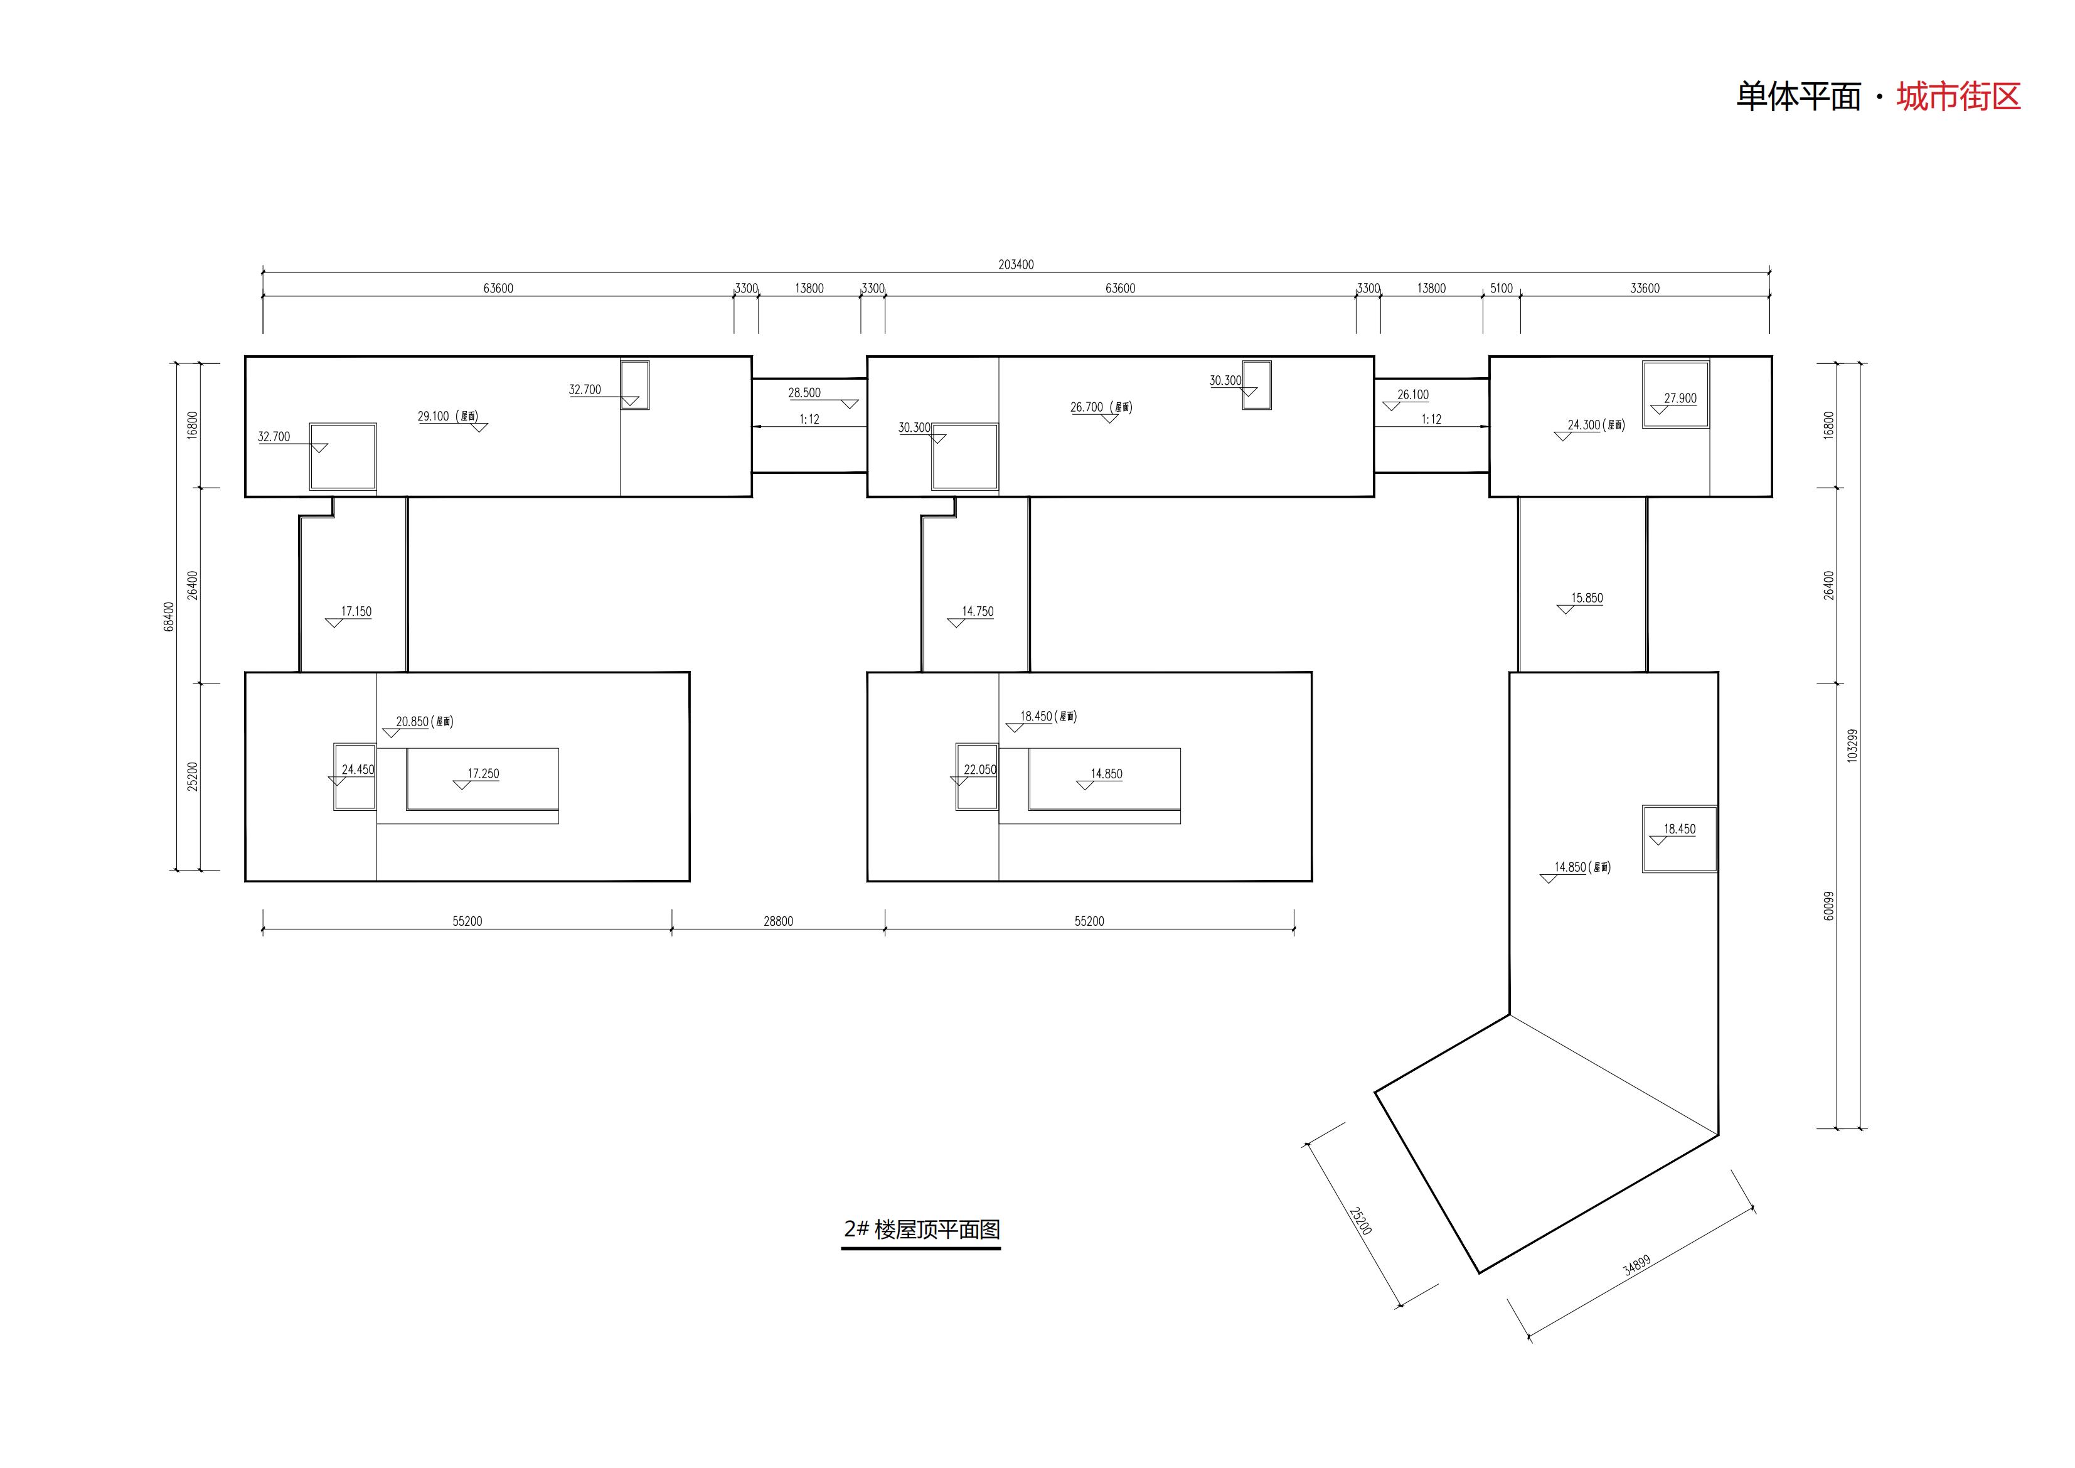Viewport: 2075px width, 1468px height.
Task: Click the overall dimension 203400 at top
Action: coord(1016,265)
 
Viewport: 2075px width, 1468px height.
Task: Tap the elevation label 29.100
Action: coord(433,417)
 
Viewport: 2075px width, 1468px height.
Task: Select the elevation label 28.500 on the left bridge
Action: coord(804,394)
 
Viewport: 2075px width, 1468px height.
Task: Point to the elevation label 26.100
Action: coord(1412,395)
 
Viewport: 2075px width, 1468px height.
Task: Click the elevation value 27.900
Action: coord(1680,398)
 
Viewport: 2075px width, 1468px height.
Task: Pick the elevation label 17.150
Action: coord(356,612)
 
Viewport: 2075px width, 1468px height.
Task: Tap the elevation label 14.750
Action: coord(978,612)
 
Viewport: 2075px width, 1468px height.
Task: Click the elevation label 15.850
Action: coord(1587,598)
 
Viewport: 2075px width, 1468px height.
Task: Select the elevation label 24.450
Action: coord(358,770)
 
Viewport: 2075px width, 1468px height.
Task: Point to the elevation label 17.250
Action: coord(484,774)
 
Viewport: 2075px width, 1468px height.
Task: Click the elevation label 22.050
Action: coord(979,770)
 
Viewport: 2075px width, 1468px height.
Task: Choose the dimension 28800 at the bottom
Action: coord(778,921)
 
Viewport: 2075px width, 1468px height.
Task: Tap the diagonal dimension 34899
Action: coord(1636,1265)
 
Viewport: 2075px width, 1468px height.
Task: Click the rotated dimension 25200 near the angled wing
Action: coord(1360,1220)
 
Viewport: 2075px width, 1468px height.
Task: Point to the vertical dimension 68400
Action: coord(169,616)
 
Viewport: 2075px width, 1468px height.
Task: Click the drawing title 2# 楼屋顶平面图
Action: coord(922,1230)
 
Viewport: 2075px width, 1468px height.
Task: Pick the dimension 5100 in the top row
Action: coord(1501,288)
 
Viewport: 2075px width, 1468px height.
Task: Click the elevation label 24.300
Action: coord(1583,425)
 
